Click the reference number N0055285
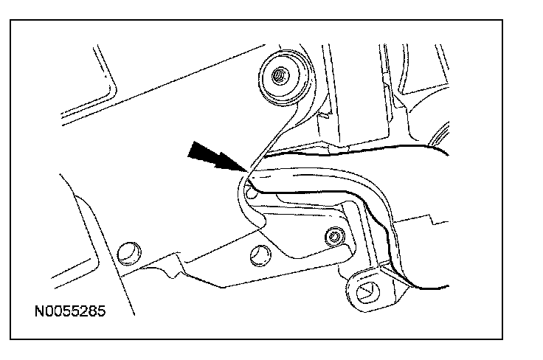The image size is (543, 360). [x=70, y=311]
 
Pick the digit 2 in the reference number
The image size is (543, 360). [x=83, y=311]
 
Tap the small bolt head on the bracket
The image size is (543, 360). [x=333, y=236]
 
